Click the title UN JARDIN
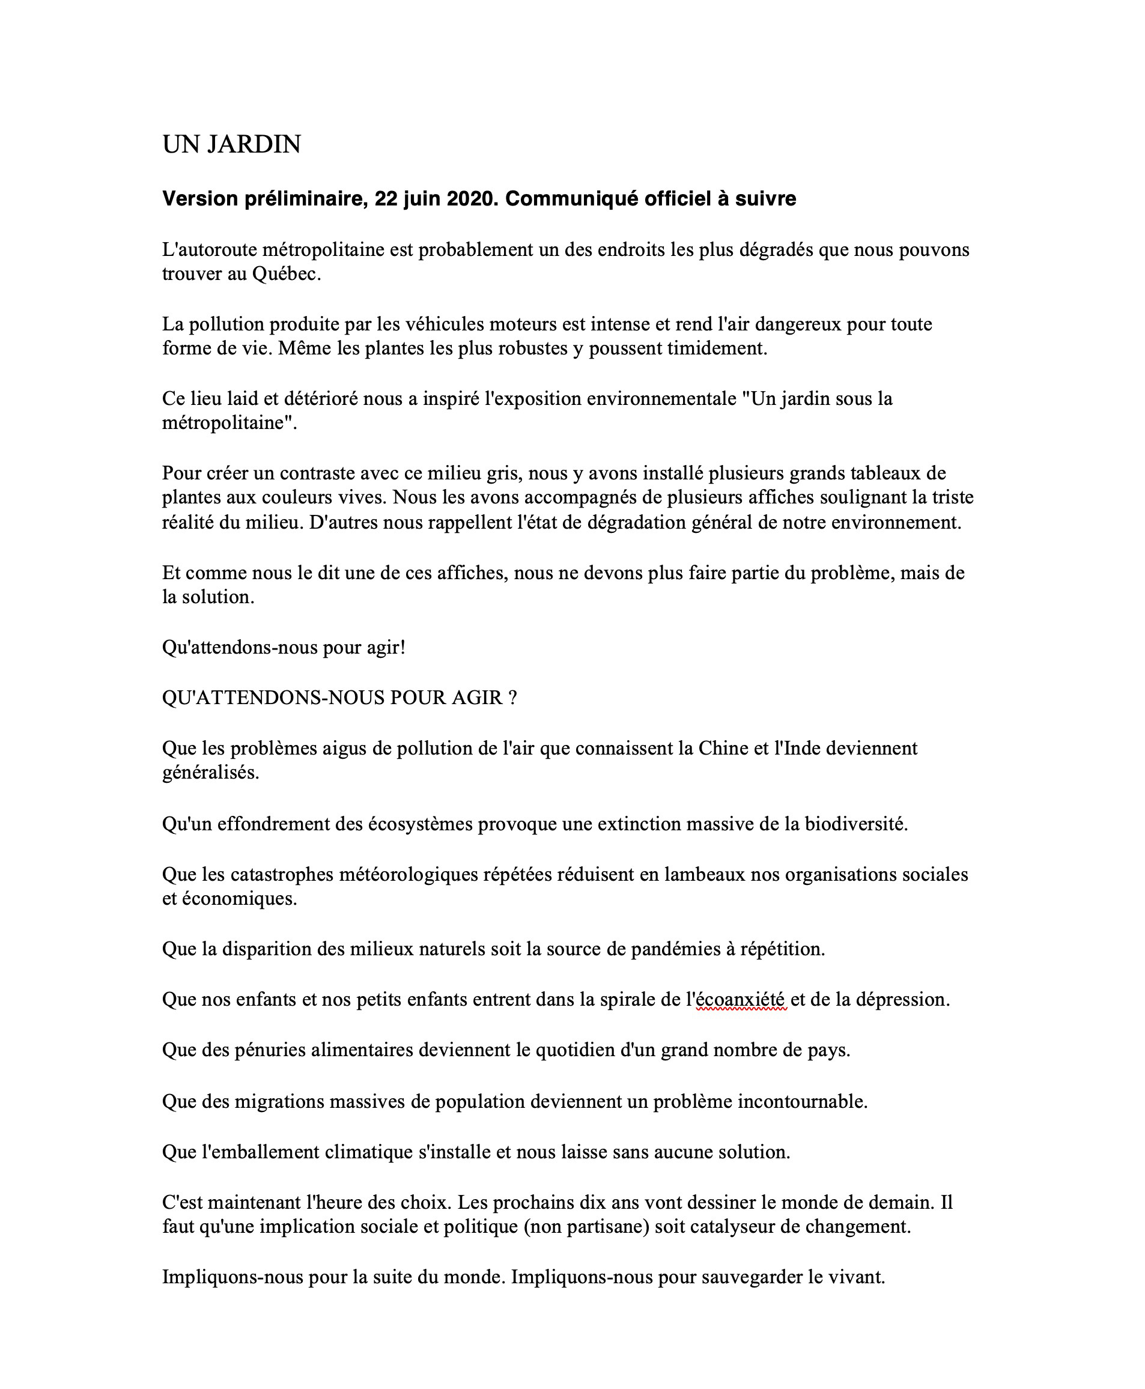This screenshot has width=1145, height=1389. (x=231, y=144)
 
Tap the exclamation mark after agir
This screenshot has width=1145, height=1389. (x=402, y=648)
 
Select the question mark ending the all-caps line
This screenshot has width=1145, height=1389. (x=512, y=698)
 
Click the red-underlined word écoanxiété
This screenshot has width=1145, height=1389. (x=741, y=1000)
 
